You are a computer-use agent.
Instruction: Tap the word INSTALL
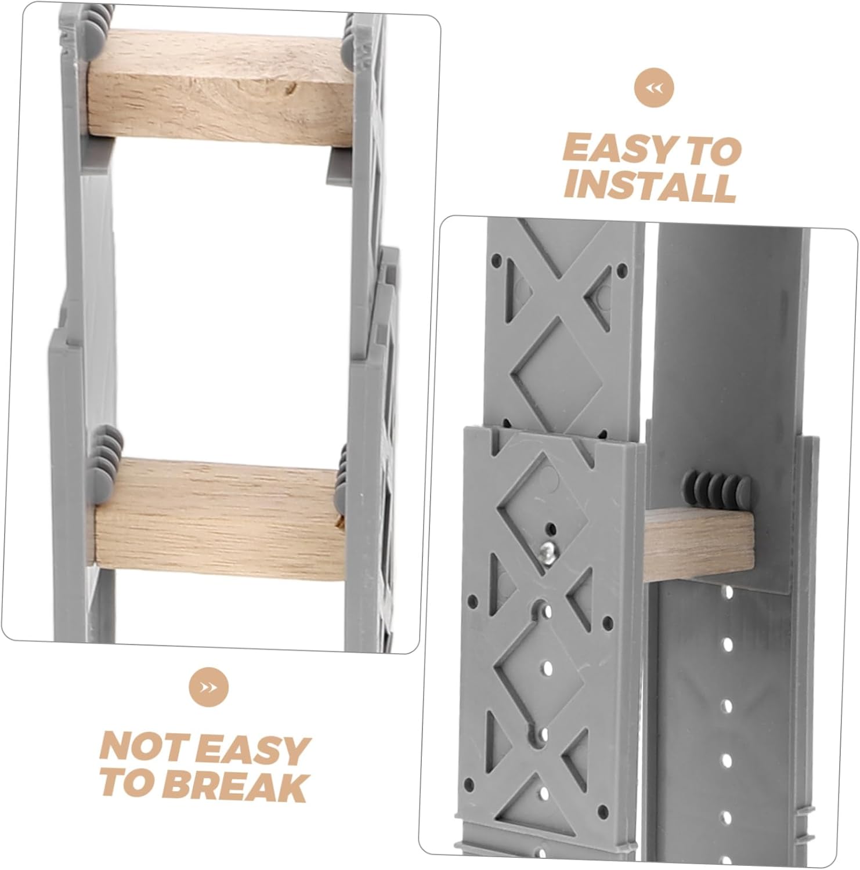click(x=650, y=186)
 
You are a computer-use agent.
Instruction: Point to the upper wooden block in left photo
click(x=221, y=87)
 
